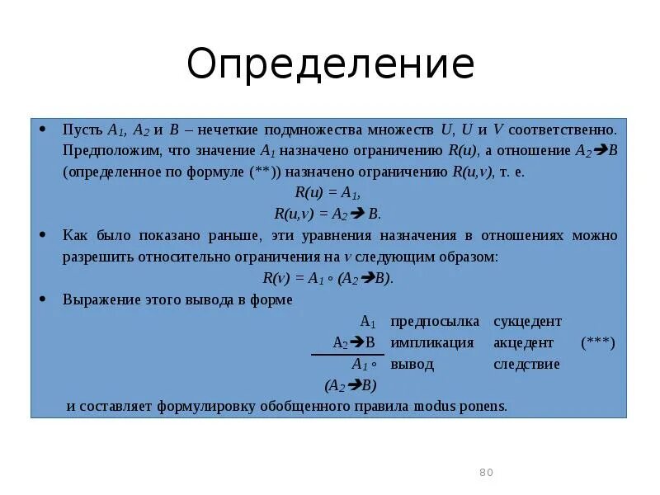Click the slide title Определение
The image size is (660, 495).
point(330,64)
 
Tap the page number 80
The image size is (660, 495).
point(485,472)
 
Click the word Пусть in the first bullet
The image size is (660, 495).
point(82,130)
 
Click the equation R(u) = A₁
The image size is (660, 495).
point(328,193)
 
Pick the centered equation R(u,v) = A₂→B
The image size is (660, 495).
point(328,214)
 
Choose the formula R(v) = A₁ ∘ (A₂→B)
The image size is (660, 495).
point(328,278)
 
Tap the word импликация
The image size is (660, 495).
point(432,342)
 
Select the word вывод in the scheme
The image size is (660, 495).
point(412,364)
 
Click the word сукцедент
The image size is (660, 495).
point(527,321)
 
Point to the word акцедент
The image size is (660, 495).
point(523,342)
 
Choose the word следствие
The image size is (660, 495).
point(526,364)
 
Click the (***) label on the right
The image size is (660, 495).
point(597,342)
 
